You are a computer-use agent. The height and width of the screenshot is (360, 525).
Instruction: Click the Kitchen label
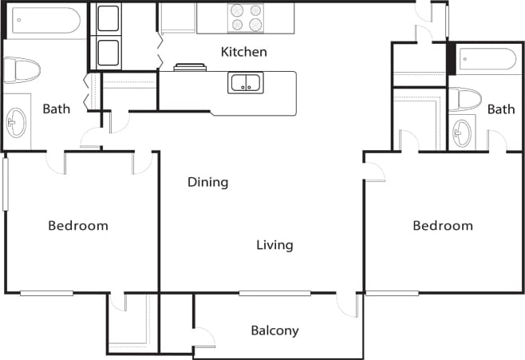click(243, 52)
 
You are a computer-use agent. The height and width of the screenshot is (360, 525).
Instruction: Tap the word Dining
click(207, 182)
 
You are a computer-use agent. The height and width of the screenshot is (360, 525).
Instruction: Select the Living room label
click(274, 245)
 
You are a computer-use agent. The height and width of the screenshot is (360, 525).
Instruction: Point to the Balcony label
click(274, 330)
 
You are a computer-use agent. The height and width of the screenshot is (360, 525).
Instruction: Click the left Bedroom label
click(78, 226)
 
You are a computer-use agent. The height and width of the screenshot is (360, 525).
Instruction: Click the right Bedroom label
click(442, 226)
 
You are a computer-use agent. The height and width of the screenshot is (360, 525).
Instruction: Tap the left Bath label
click(57, 109)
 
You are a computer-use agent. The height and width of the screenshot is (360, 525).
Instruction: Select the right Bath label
click(501, 109)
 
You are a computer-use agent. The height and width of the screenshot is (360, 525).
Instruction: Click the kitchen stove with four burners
click(246, 18)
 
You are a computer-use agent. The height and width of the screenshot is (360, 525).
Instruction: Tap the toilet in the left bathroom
click(21, 70)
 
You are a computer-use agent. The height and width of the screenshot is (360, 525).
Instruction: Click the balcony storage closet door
click(203, 337)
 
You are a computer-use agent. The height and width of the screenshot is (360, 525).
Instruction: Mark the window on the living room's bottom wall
click(274, 293)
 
